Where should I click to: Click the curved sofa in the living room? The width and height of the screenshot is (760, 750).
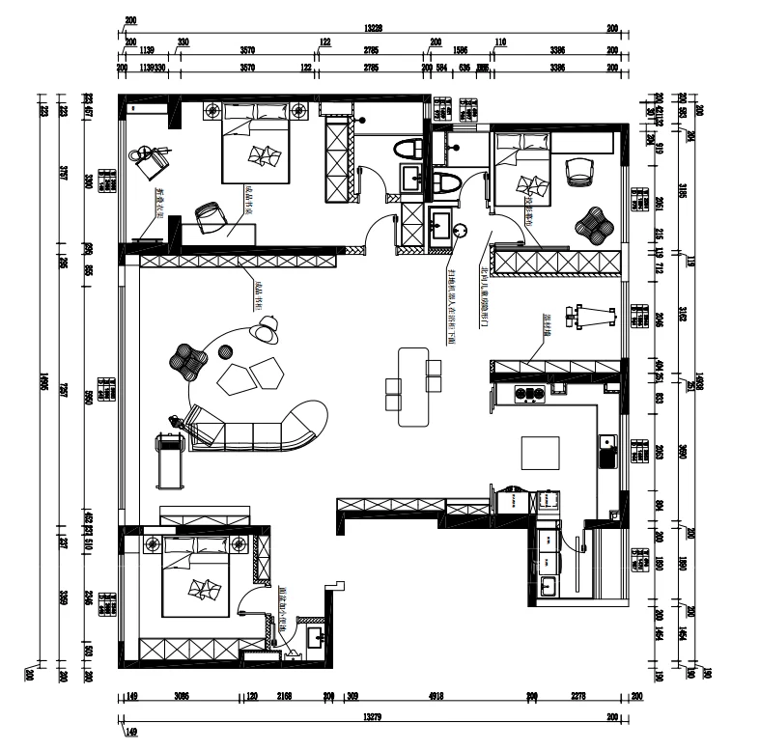pos(261,431)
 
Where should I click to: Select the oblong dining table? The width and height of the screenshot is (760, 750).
pos(414,386)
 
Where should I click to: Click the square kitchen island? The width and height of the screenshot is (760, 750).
pos(539,453)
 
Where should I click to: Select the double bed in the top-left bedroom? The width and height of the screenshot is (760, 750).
pos(257,145)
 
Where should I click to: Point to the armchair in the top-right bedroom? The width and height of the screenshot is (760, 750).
pos(578,170)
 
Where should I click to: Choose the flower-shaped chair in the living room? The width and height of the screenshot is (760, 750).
pos(188,361)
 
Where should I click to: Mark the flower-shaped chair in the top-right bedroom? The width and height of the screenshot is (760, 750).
pos(595,226)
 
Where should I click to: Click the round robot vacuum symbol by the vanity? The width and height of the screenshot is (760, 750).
pos(461,230)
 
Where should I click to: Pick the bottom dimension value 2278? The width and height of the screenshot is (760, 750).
pos(579,696)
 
